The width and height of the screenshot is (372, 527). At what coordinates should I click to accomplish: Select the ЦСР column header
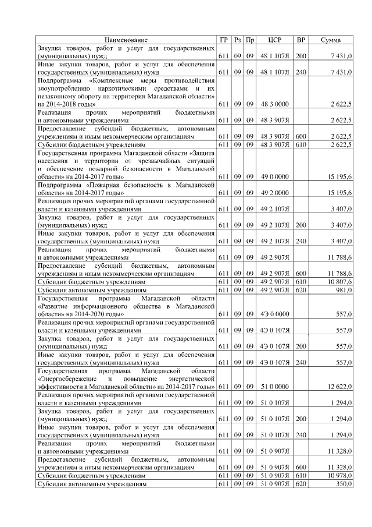tap(275, 40)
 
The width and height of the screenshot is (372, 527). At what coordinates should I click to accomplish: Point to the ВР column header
tap(301, 40)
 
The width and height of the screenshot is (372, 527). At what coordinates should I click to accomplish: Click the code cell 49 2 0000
tap(275, 192)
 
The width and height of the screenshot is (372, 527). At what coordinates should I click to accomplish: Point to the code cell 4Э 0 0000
tap(275, 313)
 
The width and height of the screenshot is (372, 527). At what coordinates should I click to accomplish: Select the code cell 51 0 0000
tap(275, 386)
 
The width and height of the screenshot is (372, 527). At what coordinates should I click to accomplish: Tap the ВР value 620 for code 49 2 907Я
tap(301, 289)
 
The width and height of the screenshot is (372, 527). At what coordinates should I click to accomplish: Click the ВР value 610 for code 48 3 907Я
tap(301, 144)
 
